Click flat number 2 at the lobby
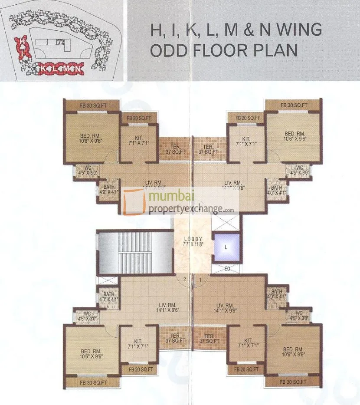[x=184, y=280]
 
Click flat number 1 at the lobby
[x=200, y=280]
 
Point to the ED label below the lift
[x=227, y=268]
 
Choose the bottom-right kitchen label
[x=248, y=343]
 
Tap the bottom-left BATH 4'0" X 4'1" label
[x=108, y=296]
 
